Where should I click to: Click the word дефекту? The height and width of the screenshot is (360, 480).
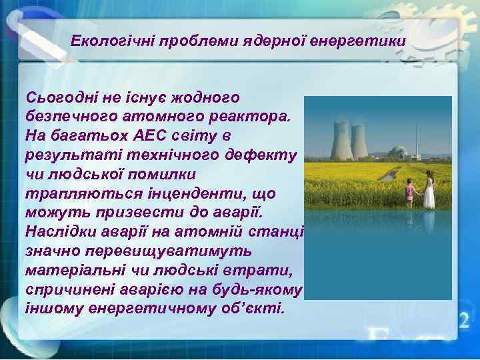coord(266,155)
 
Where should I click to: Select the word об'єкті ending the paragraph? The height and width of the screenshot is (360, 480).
coord(255,309)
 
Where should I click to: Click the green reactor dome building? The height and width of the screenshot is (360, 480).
coord(399,152)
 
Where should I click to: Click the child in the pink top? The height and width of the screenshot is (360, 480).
coord(409,193)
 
